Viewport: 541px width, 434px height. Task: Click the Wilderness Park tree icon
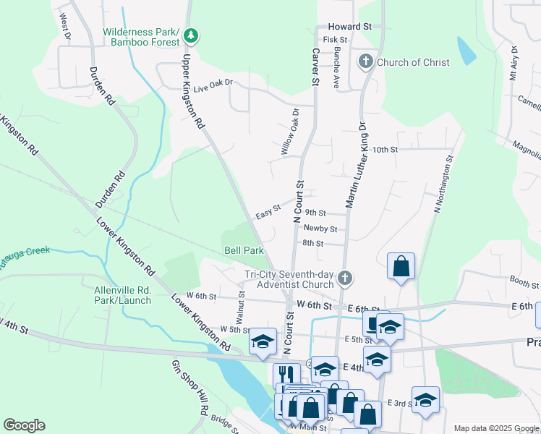[x=191, y=34]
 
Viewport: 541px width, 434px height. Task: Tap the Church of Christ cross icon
[x=366, y=62]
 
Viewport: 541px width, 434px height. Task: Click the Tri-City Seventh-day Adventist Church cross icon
[x=346, y=277]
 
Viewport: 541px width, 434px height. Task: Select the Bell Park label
[x=243, y=250]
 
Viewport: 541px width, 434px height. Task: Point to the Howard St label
[x=349, y=26]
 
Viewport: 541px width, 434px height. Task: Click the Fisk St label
[x=336, y=40]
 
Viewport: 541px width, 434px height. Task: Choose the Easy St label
[x=268, y=213]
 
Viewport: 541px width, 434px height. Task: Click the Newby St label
[x=320, y=229]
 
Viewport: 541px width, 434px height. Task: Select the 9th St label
[x=315, y=213]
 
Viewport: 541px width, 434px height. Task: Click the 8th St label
[x=312, y=243]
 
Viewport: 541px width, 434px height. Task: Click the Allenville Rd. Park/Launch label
[x=123, y=295]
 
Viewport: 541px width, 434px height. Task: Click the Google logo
[x=24, y=425]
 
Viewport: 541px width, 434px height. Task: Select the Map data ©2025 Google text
[x=495, y=428]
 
